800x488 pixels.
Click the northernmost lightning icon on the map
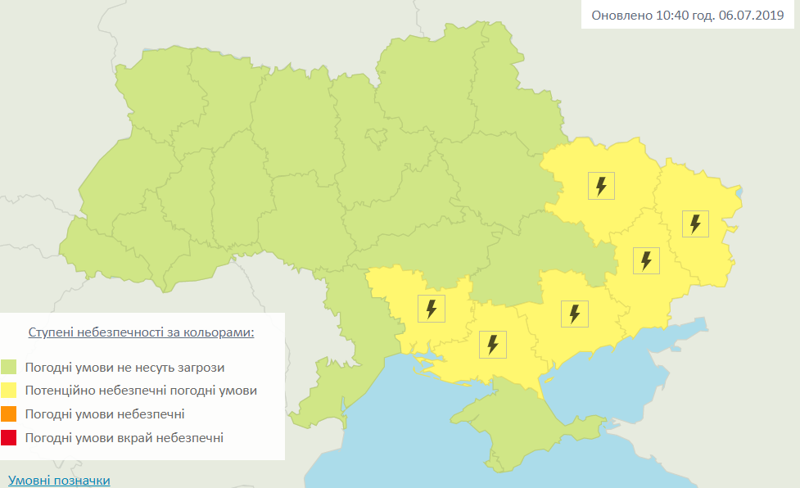pyautogui.click(x=601, y=186)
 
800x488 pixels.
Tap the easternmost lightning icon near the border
pyautogui.click(x=695, y=224)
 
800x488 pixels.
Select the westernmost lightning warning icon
pyautogui.click(x=432, y=309)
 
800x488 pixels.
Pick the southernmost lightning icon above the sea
pyautogui.click(x=493, y=345)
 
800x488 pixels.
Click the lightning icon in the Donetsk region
pyautogui.click(x=647, y=260)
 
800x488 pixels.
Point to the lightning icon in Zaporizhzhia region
pyautogui.click(x=574, y=314)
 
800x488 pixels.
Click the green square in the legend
pyautogui.click(x=9, y=367)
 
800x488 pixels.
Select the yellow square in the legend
pyautogui.click(x=9, y=391)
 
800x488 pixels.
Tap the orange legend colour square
pyautogui.click(x=9, y=414)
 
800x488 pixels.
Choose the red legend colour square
pyautogui.click(x=9, y=438)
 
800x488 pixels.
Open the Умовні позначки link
pyautogui.click(x=58, y=481)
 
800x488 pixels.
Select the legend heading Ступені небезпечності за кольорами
pyautogui.click(x=141, y=332)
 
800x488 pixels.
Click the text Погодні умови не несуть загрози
pyautogui.click(x=124, y=368)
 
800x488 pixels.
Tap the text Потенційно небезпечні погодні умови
pyautogui.click(x=141, y=391)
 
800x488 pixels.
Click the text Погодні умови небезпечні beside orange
pyautogui.click(x=105, y=414)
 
